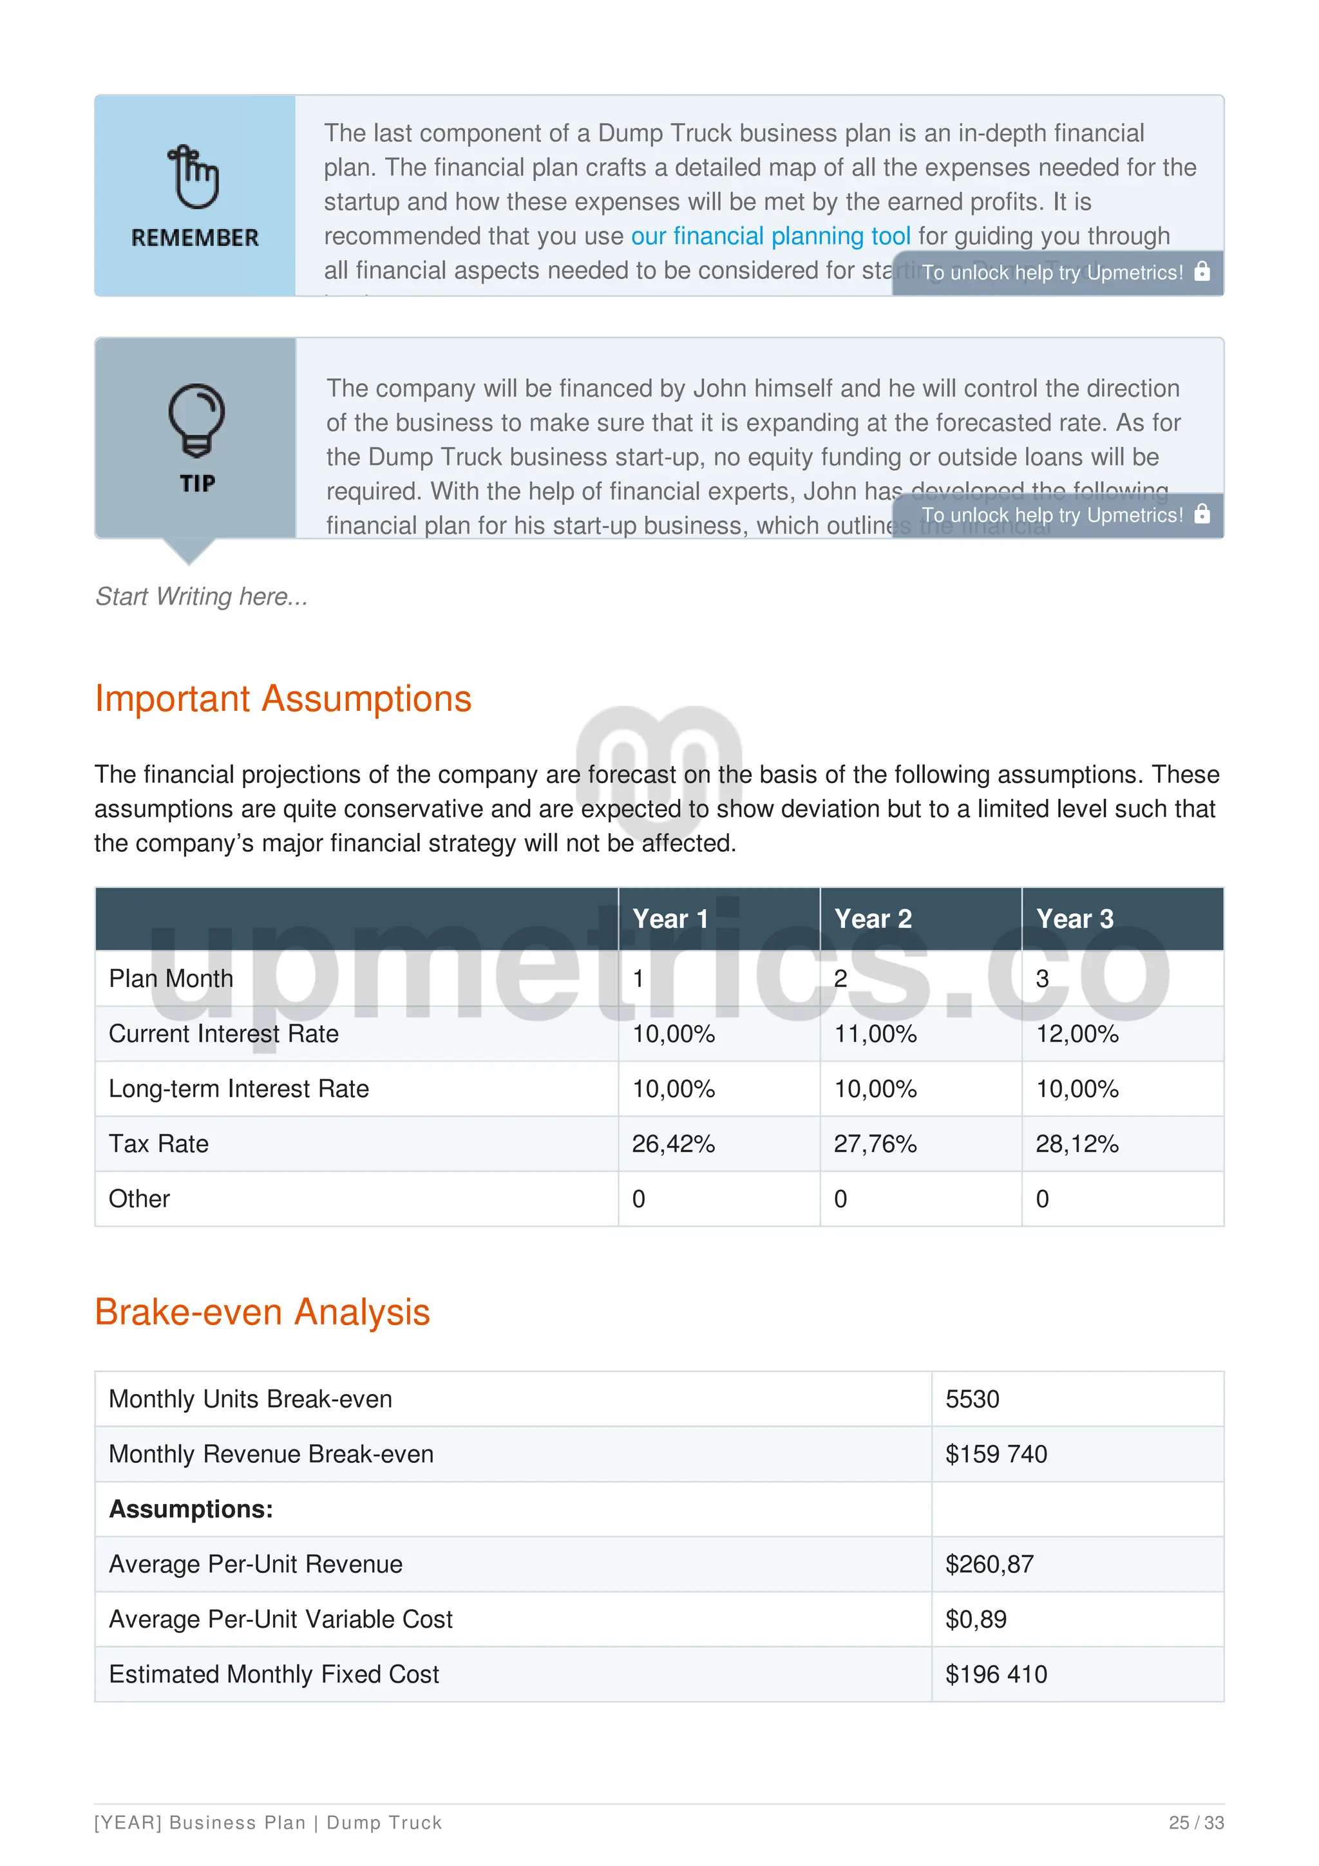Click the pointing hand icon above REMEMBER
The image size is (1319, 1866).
pos(193,176)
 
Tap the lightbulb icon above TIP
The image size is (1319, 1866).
pos(196,419)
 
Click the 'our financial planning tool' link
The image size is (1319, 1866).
pos(770,236)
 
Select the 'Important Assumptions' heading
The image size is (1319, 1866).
pos(283,699)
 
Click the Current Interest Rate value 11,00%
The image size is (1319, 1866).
pos(875,1034)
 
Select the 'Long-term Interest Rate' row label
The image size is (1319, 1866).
pos(238,1088)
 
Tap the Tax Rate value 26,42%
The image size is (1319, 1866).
pos(673,1144)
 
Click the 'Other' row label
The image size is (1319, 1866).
pos(139,1199)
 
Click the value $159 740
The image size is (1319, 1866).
pos(996,1454)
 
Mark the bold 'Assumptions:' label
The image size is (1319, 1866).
pos(191,1509)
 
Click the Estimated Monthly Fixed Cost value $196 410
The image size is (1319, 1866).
pos(996,1674)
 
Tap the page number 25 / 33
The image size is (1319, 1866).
pos(1195,1823)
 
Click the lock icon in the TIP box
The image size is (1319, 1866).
pos(1202,514)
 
